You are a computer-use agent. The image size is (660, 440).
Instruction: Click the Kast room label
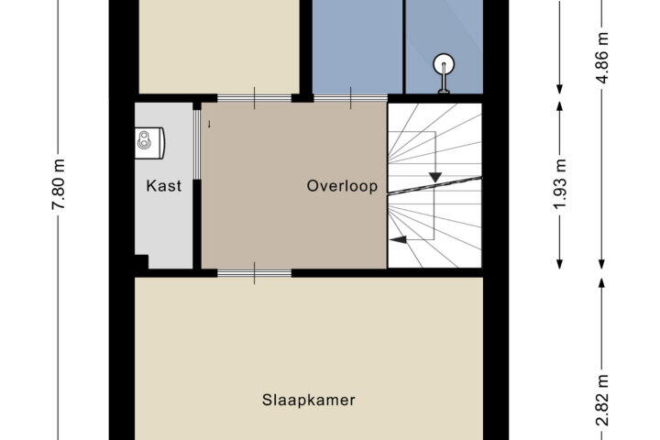point(164,186)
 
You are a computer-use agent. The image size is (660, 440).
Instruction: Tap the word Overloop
point(342,186)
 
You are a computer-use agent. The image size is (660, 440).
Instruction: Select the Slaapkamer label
point(309,400)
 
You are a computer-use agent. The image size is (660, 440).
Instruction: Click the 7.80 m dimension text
point(59,184)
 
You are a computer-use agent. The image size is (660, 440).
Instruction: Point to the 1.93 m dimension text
point(560,184)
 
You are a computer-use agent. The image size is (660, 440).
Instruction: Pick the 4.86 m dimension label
point(602,57)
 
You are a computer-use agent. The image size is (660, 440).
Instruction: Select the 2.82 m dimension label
point(602,400)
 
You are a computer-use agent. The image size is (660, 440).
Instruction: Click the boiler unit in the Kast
point(149,143)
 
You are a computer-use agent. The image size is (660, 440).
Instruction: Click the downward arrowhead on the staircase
point(434,177)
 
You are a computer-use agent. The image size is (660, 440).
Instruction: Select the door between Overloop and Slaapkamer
point(254,273)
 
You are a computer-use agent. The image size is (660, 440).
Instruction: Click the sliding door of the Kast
point(197,144)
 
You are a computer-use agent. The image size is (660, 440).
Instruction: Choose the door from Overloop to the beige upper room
point(254,98)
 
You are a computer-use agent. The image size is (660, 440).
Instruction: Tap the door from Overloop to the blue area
point(350,98)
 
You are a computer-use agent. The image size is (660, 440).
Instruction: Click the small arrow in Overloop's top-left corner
point(209,124)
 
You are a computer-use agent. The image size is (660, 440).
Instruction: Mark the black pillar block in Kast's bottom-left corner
point(141,261)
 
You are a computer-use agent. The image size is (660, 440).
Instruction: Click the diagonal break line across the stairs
point(434,186)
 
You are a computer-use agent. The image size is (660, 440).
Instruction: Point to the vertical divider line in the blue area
point(403,47)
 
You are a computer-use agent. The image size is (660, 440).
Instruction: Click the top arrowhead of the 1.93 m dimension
point(560,105)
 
